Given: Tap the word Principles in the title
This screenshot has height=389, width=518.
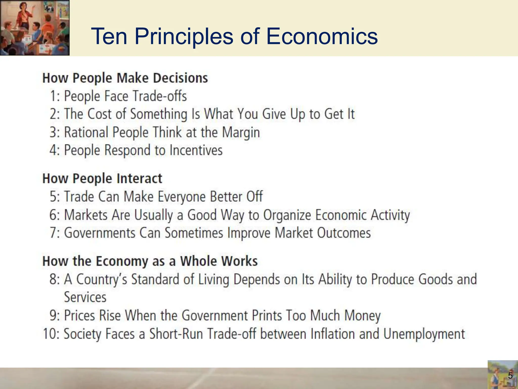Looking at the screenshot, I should (184, 37).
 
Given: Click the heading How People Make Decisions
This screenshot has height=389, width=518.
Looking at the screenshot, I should (125, 78).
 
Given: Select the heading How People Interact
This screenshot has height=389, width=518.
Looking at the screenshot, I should (102, 178).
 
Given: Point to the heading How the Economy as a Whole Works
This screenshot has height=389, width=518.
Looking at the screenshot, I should (150, 261).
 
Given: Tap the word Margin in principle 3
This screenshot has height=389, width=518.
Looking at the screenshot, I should (241, 132).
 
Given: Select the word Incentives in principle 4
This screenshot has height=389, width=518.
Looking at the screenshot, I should (196, 150).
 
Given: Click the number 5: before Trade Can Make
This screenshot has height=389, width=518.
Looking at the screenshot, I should (55, 197).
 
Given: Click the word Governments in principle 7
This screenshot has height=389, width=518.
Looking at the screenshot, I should (100, 233).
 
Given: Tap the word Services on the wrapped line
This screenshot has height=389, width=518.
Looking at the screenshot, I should (85, 297).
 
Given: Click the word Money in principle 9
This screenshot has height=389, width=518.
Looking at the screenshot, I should (362, 316).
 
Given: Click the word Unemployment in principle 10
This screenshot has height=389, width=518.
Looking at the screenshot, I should (424, 334).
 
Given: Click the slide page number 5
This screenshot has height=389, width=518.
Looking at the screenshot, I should (510, 376).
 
